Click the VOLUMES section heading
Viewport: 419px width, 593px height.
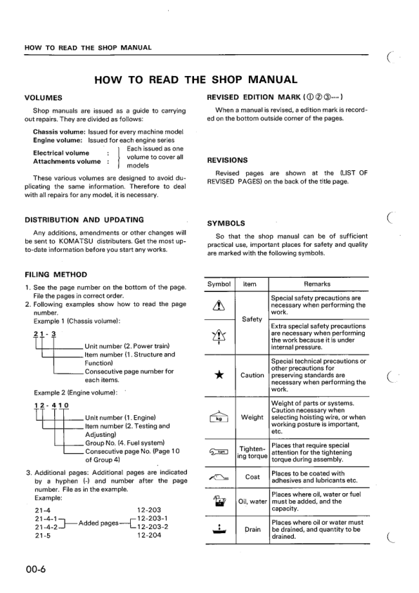(43, 97)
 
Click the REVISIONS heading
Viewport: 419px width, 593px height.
(228, 160)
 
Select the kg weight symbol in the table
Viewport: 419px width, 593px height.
(220, 417)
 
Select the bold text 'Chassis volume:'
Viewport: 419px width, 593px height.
(59, 132)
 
